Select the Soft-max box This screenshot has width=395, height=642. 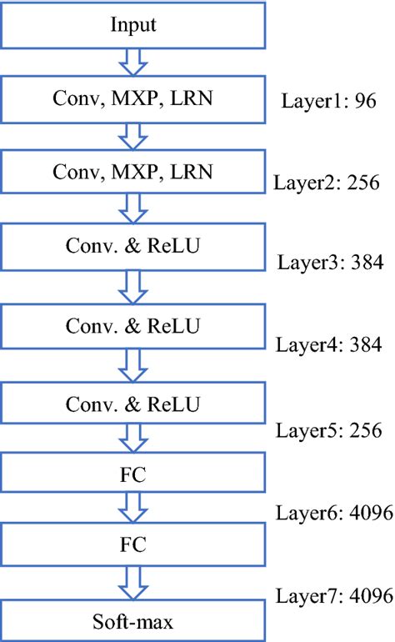[x=134, y=621]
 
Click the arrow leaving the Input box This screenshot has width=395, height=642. [x=134, y=61]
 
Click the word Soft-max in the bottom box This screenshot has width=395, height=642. [x=134, y=621]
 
